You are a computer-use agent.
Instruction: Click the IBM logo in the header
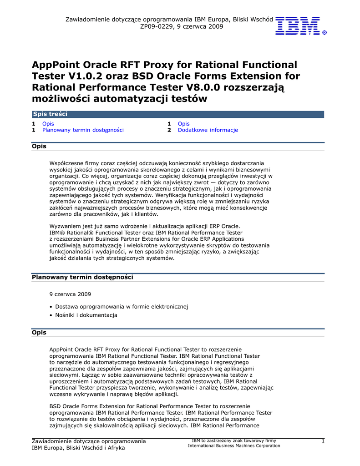(x=298, y=25)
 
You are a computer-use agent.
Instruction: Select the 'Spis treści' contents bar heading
(x=50, y=114)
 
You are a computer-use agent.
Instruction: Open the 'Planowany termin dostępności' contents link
(x=83, y=130)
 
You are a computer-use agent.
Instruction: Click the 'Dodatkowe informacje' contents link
(x=208, y=130)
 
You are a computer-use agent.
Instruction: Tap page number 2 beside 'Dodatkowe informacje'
(x=169, y=130)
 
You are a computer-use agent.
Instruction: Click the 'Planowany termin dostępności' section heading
(x=82, y=277)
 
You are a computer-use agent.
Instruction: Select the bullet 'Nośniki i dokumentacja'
(x=86, y=315)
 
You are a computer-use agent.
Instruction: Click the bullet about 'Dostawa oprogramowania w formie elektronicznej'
(x=122, y=306)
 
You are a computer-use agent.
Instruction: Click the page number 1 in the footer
(x=323, y=441)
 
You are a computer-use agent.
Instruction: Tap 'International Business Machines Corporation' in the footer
(x=234, y=446)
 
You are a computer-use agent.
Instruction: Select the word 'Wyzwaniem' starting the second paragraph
(x=66, y=226)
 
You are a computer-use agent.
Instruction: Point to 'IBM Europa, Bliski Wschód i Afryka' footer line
(x=78, y=448)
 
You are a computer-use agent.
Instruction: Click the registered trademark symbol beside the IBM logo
(x=324, y=33)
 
